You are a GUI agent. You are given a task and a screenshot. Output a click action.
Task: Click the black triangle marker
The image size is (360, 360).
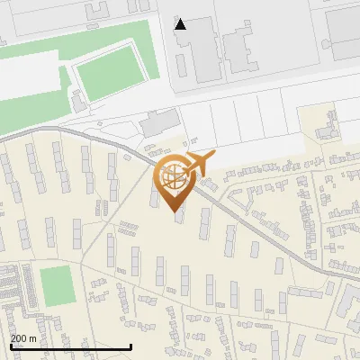coord(181,24)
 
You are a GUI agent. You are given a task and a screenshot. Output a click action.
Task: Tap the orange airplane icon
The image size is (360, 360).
coord(199,164)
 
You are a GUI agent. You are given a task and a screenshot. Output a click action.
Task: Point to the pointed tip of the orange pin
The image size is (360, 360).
coord(175,211)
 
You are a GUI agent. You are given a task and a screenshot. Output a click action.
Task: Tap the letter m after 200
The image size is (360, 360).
coord(34,337)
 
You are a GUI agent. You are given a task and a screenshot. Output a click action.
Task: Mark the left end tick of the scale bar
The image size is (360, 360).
coord(9,346)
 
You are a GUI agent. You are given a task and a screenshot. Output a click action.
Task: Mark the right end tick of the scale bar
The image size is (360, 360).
coord(131,346)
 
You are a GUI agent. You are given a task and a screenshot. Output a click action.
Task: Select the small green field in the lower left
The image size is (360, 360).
coord(56,283)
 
